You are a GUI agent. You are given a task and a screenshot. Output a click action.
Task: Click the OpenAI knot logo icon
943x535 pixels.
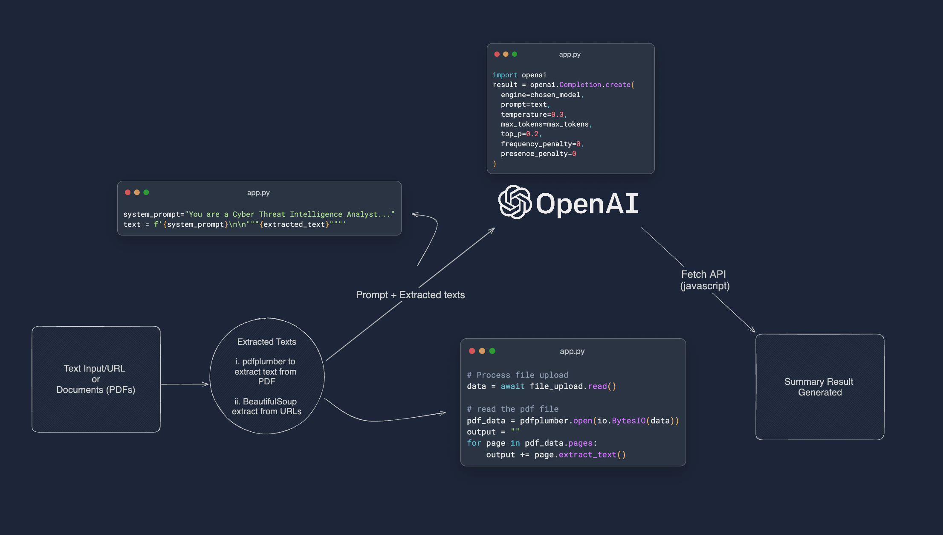coord(515,202)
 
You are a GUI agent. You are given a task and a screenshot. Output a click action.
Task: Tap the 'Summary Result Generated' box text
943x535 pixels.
coord(819,387)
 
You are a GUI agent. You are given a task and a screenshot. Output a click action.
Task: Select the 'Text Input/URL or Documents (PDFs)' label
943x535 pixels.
coord(95,379)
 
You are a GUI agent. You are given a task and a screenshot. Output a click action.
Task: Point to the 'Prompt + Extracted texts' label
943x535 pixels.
coord(410,295)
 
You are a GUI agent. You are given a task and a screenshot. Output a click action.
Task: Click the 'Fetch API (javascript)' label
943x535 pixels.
coord(704,280)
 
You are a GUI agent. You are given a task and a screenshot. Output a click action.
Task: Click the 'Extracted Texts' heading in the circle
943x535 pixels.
coord(266,342)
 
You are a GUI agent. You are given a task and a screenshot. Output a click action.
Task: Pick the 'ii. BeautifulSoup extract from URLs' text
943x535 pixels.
coord(266,406)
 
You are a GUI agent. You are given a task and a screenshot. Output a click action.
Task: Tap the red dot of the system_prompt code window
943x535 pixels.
coord(127,192)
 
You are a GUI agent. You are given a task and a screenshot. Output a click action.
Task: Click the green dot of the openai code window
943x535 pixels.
coord(515,54)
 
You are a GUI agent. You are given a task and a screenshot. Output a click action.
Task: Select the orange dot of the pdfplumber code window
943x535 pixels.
coord(482,351)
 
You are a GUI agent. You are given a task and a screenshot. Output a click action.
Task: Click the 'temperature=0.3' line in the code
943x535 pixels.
coord(533,114)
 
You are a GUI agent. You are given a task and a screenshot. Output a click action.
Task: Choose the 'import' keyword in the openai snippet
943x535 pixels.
coord(505,75)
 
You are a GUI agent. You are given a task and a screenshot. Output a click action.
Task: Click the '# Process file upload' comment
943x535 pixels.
coord(517,375)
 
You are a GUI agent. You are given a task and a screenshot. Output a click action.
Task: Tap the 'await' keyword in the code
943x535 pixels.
coord(512,386)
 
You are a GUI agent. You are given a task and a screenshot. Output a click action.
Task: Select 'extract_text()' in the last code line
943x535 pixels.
coord(592,455)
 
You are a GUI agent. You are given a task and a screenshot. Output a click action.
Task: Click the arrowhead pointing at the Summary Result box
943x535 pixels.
coord(752,330)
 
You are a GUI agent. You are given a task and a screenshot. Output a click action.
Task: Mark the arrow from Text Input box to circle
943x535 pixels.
coord(185,384)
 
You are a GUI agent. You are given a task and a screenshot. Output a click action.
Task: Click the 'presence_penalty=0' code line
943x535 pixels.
coord(538,154)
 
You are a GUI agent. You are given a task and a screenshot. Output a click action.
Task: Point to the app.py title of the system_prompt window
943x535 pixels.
coord(258,193)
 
